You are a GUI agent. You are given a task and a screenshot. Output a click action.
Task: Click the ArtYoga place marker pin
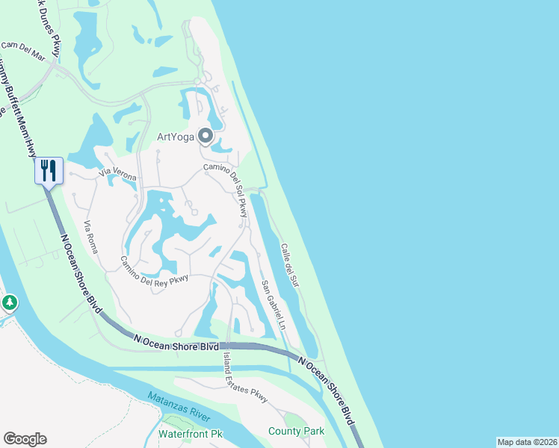205,136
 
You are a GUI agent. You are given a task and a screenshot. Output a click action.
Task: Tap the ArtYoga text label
175,136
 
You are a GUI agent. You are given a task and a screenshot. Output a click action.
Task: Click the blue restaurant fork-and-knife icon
49,171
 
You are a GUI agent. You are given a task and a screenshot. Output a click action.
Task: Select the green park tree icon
9,303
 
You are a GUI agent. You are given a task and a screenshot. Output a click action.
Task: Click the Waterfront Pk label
191,433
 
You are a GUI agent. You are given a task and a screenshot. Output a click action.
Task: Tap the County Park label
297,431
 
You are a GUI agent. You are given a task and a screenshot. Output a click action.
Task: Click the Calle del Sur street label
289,266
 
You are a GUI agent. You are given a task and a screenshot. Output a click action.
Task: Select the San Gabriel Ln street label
274,305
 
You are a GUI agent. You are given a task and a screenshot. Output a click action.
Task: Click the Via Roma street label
91,237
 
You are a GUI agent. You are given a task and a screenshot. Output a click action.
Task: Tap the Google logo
25,439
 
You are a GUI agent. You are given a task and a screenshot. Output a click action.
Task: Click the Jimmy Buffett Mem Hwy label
19,105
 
